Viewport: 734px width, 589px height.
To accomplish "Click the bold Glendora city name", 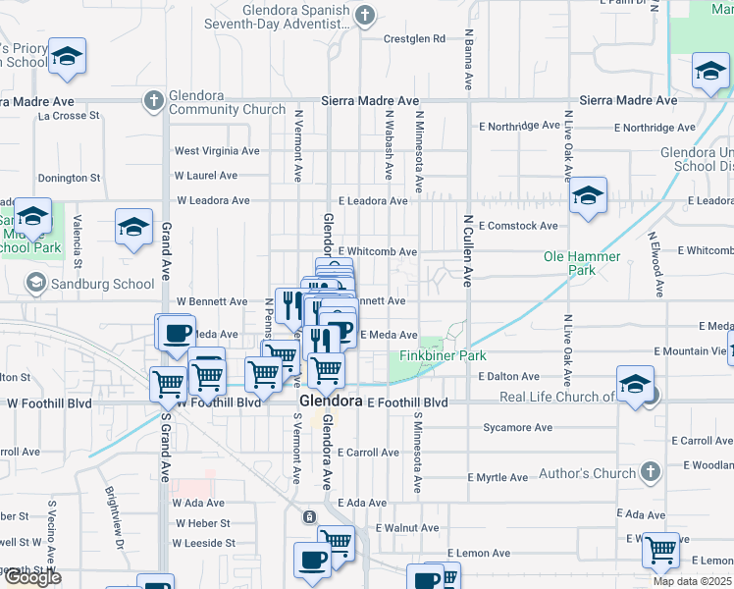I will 330,402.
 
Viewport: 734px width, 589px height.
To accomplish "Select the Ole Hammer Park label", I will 582,263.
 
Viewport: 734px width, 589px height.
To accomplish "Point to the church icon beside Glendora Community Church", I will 153,101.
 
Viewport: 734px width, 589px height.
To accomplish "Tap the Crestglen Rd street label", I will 414,39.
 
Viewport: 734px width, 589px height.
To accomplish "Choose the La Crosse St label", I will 70,116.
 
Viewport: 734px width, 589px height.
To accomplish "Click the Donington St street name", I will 69,179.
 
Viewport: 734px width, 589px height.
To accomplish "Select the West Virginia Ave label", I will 217,151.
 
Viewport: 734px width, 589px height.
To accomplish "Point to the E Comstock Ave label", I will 519,226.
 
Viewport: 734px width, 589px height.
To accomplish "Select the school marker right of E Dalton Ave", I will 635,384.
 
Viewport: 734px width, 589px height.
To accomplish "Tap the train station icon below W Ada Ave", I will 309,517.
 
